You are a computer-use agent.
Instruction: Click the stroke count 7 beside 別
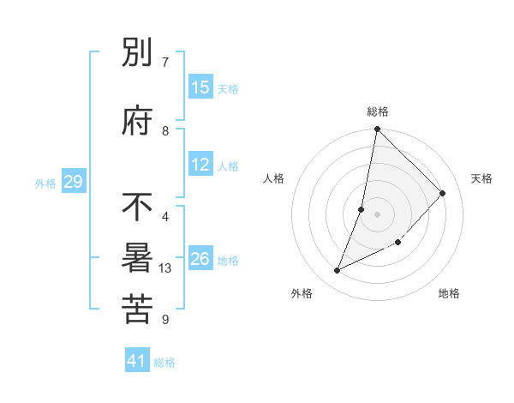(165, 62)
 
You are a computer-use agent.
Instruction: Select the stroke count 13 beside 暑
(166, 268)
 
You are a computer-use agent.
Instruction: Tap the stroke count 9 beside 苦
(165, 320)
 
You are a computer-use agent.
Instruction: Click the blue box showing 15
(200, 87)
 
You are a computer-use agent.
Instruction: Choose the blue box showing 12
(200, 165)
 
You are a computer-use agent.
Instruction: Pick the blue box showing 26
(200, 259)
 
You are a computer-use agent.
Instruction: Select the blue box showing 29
(74, 182)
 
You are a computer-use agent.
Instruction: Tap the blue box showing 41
(137, 362)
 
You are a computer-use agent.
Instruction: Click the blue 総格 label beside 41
(165, 364)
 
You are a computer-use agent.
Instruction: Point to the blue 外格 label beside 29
(45, 183)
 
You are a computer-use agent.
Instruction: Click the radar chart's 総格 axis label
(378, 111)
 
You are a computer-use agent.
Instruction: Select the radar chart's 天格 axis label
(481, 178)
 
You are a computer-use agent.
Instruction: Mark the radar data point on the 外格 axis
(338, 271)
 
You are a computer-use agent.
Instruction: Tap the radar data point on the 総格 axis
(377, 129)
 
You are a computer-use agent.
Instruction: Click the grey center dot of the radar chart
(377, 214)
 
